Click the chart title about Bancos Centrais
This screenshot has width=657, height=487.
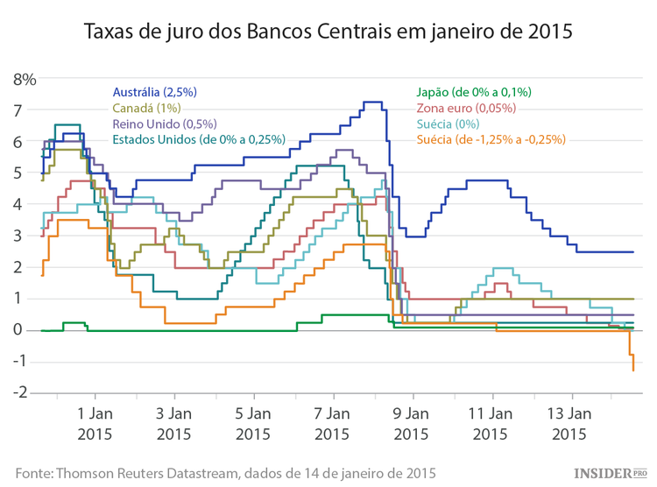point(328,32)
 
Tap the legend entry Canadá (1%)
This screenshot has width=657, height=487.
point(147,108)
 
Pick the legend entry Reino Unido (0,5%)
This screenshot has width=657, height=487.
point(165,124)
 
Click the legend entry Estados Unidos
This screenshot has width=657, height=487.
point(199,139)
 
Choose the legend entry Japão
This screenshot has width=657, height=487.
point(474,92)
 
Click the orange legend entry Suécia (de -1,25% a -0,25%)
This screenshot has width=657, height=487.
point(491,139)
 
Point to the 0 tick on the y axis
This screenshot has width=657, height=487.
point(29,330)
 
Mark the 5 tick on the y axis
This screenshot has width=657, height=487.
point(29,173)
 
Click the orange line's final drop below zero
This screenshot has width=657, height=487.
point(632,361)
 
